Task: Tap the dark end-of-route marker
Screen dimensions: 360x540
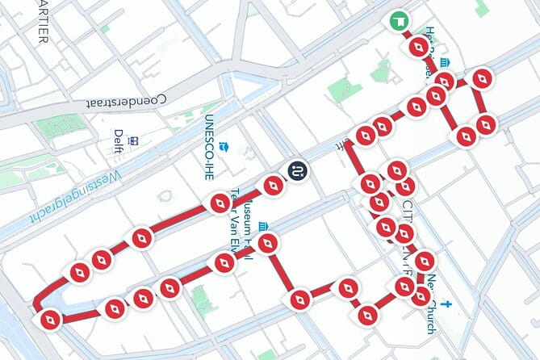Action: (297, 170)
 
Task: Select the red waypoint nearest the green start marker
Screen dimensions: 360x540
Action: (417, 48)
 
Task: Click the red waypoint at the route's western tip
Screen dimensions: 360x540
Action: (50, 320)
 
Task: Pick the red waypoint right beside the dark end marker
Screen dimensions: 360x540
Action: (273, 187)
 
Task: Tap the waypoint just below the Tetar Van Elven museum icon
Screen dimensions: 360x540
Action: (267, 242)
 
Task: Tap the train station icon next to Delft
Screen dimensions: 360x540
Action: (135, 140)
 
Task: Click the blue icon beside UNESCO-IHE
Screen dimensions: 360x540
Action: (227, 149)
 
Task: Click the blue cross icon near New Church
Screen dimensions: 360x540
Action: (446, 305)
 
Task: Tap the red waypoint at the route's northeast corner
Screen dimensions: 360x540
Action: (483, 79)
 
